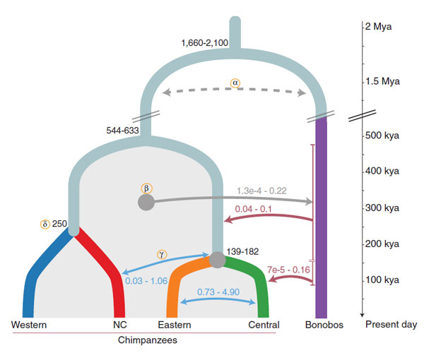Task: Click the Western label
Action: (29, 325)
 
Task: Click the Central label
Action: (264, 325)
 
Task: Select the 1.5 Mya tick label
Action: (382, 81)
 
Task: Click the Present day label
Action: (389, 325)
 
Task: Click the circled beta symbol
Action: (146, 188)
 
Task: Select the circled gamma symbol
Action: (160, 253)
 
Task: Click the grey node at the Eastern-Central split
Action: (218, 260)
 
